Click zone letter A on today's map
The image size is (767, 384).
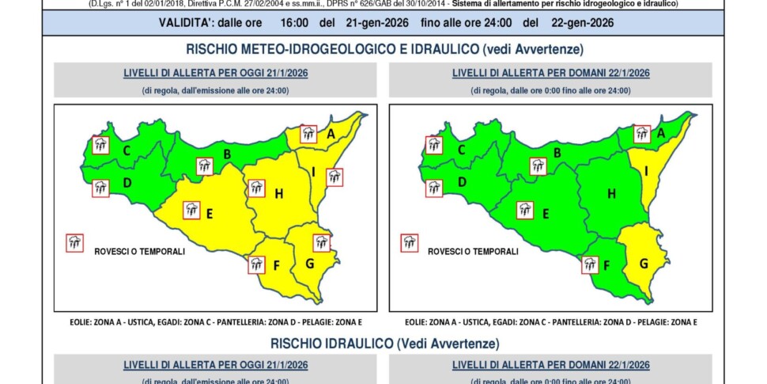pyautogui.click(x=331, y=135)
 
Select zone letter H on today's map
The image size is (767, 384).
pyautogui.click(x=278, y=194)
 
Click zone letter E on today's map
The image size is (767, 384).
pyautogui.click(x=210, y=214)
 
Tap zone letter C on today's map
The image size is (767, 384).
pyautogui.click(x=127, y=148)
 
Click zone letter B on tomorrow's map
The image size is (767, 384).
pyautogui.click(x=557, y=153)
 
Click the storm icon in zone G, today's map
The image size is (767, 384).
pyautogui.click(x=321, y=242)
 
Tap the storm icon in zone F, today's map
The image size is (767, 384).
pyautogui.click(x=256, y=264)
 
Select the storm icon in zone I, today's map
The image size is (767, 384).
pyautogui.click(x=334, y=177)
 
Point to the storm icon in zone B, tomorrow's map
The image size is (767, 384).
pyautogui.click(x=538, y=165)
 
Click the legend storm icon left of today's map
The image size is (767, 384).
pyautogui.click(x=75, y=242)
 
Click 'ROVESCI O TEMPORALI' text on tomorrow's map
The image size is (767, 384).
pyautogui.click(x=473, y=252)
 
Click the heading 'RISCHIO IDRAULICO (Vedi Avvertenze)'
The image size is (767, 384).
pyautogui.click(x=384, y=344)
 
